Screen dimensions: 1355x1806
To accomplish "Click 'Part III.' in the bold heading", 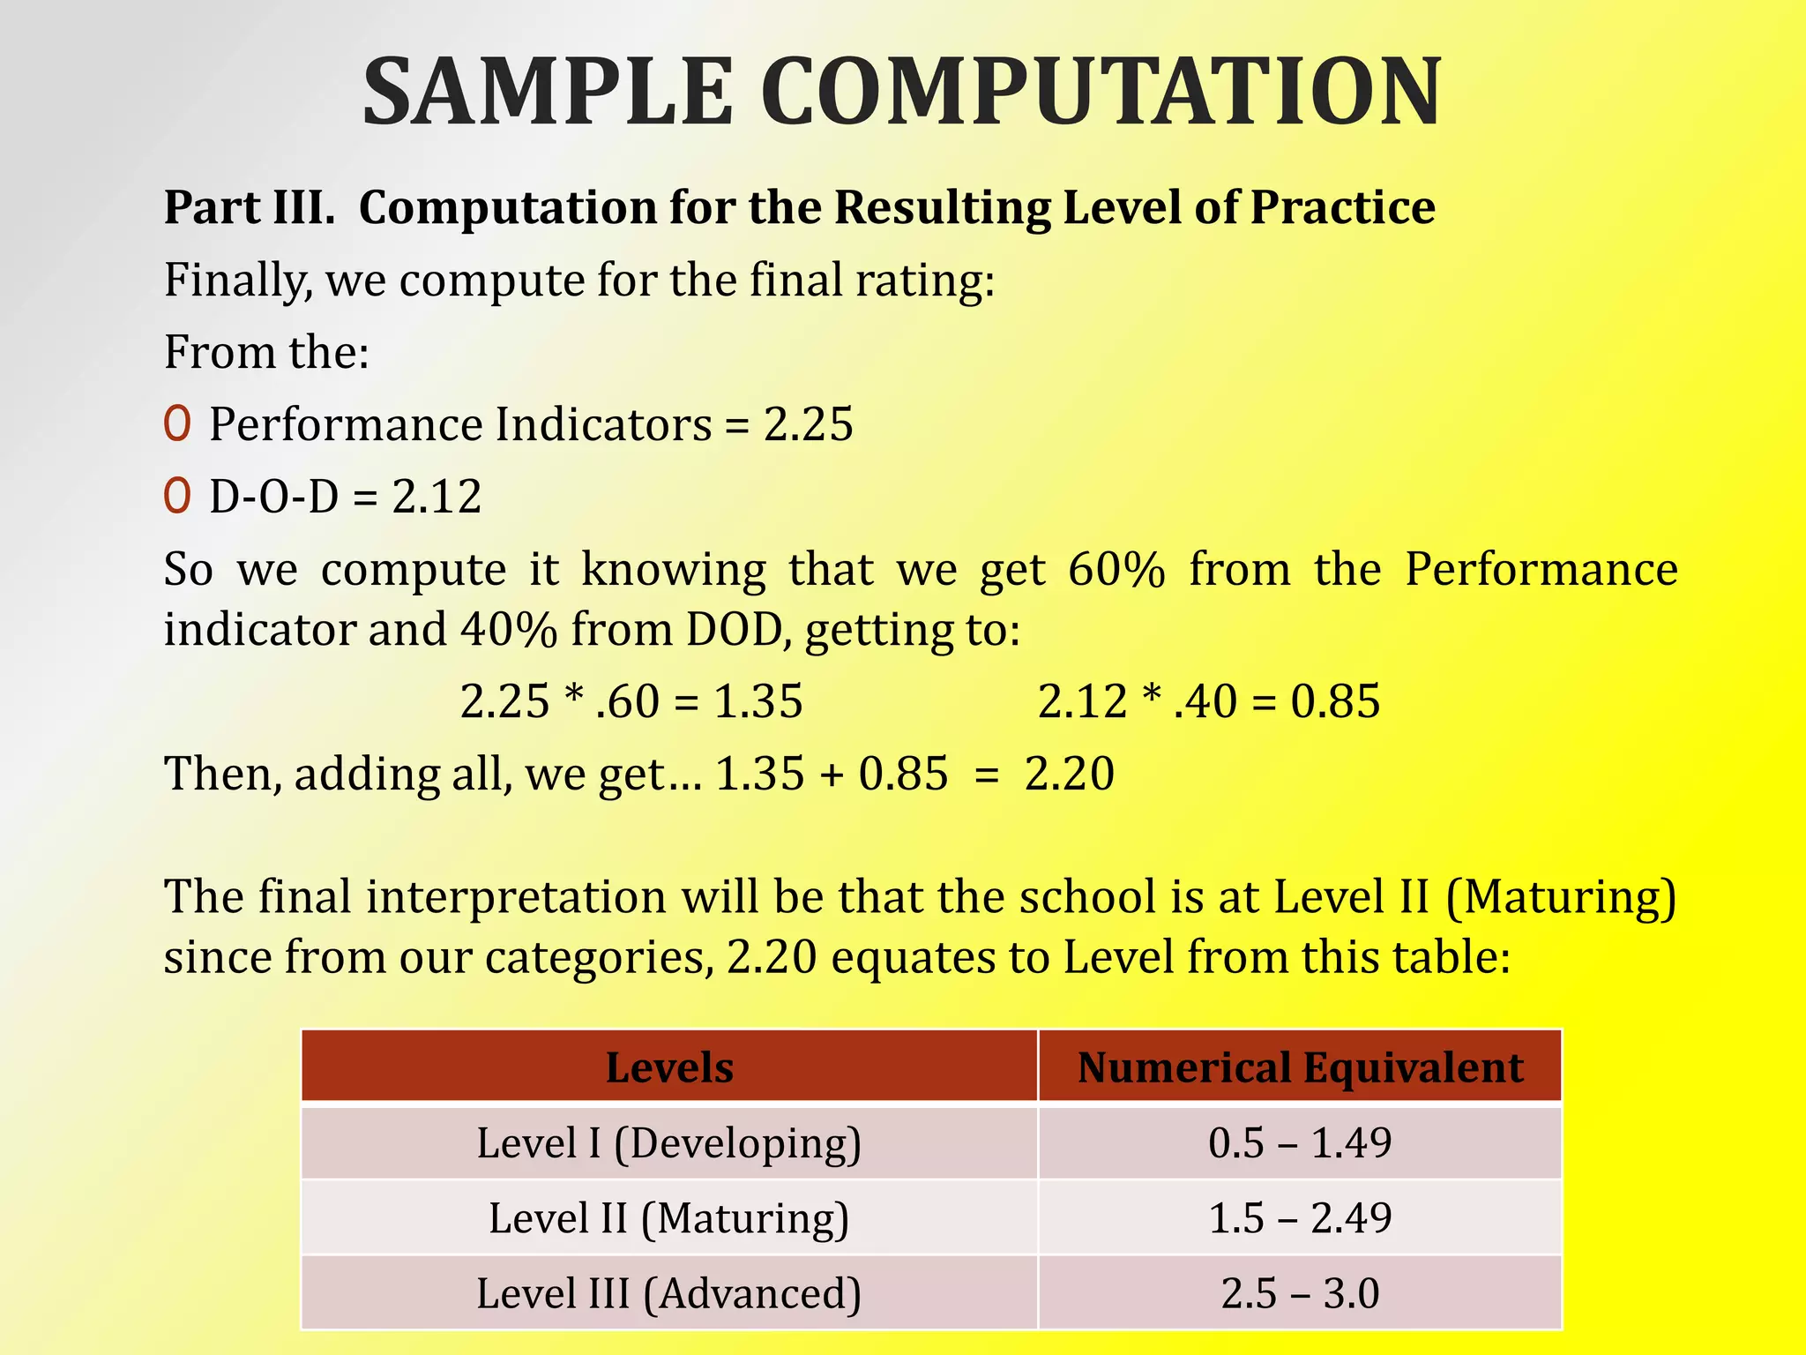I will click(x=250, y=208).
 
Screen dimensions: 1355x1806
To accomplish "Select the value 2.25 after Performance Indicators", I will click(x=809, y=424).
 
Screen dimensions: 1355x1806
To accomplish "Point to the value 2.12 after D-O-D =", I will click(x=437, y=497).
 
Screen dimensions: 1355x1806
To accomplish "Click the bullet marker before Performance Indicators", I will click(x=177, y=424).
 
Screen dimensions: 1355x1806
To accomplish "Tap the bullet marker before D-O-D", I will click(x=177, y=497).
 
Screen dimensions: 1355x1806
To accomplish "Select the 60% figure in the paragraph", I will click(x=1116, y=570).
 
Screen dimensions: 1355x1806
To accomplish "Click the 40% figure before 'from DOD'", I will click(x=509, y=630).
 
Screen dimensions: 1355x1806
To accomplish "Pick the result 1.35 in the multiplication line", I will click(x=758, y=702).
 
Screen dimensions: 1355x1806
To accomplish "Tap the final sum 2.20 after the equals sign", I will click(x=1070, y=775).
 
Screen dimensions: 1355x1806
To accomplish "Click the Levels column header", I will click(x=669, y=1067).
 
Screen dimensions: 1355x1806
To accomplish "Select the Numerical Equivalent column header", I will click(x=1300, y=1067).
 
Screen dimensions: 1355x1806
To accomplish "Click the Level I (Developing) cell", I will click(x=669, y=1143).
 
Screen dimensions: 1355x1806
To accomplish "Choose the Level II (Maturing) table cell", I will click(x=669, y=1218).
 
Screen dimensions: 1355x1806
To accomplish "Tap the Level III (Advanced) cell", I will click(x=669, y=1293).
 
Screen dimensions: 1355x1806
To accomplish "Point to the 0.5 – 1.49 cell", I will click(x=1300, y=1143).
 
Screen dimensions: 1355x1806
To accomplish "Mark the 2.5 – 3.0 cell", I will click(x=1300, y=1293).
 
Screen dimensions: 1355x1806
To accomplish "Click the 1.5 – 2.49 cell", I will click(x=1300, y=1218).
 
